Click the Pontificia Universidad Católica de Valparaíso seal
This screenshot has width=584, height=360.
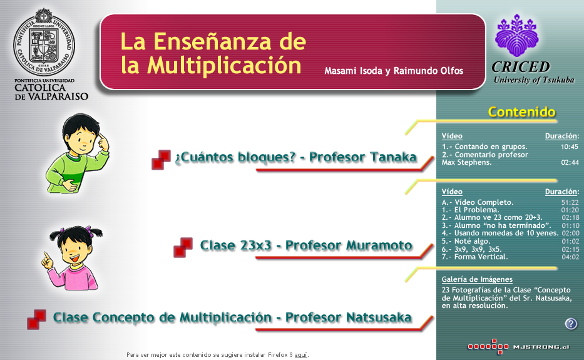click(44, 42)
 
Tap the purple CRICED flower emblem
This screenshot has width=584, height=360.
click(517, 36)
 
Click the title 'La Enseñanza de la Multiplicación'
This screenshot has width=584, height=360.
click(213, 53)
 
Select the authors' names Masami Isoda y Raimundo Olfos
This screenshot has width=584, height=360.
click(394, 71)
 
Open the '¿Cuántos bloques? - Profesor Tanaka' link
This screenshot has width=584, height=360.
click(295, 157)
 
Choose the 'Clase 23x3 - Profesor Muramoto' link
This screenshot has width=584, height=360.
click(306, 245)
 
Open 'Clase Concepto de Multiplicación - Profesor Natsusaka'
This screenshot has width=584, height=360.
click(232, 317)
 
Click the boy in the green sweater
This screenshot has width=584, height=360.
click(78, 153)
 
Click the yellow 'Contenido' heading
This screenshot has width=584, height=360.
click(521, 112)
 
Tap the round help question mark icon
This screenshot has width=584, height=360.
click(571, 324)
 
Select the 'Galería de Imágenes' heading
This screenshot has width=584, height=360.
click(477, 279)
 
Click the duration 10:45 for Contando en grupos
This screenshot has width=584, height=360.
click(570, 147)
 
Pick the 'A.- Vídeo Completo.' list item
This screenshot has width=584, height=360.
click(478, 202)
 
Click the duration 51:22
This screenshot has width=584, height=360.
click(570, 202)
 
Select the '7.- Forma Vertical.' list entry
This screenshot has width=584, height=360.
click(475, 257)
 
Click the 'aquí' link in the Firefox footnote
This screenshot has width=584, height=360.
click(300, 355)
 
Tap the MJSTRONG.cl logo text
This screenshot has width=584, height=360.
click(541, 347)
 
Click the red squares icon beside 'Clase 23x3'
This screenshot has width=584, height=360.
click(183, 247)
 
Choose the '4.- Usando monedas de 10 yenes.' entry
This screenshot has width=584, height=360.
click(500, 234)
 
